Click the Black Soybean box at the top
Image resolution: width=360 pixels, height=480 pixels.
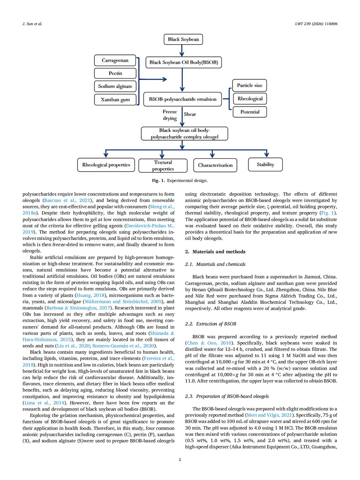(183, 39)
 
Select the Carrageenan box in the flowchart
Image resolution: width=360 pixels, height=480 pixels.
(115, 60)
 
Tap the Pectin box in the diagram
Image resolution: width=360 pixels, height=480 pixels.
(115, 73)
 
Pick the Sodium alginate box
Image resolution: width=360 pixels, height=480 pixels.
(115, 86)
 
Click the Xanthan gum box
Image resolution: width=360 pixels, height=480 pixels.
(115, 100)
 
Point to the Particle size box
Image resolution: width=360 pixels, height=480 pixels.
(250, 85)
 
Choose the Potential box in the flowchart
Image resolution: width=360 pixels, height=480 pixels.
(250, 112)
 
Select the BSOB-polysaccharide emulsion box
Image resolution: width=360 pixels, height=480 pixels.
(183, 99)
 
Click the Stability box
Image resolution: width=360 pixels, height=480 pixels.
(265, 165)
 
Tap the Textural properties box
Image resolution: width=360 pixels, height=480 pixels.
(163, 165)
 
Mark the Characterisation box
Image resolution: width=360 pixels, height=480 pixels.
(215, 165)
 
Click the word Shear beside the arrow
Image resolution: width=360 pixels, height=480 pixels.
(190, 114)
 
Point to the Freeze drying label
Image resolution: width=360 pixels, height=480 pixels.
(170, 115)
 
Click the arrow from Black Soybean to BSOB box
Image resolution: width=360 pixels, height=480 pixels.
(182, 51)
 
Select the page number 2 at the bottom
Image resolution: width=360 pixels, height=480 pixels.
(180, 459)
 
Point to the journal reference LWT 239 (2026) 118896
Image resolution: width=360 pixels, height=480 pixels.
(316, 24)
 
